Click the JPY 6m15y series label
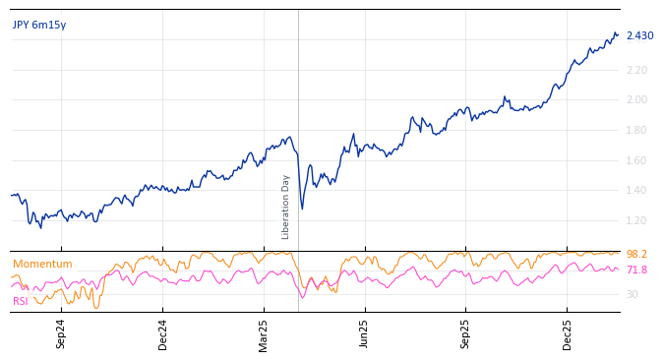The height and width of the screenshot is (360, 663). [x=39, y=26]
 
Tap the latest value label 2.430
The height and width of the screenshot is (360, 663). [x=639, y=36]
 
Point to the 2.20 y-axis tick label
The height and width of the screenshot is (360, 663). [x=636, y=70]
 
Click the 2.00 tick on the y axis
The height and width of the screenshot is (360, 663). [x=636, y=99]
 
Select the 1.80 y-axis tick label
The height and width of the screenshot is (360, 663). [x=636, y=130]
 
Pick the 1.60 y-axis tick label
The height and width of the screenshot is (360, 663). [x=636, y=160]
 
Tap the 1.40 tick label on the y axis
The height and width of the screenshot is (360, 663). [x=636, y=190]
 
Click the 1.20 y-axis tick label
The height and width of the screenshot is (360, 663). [x=636, y=220]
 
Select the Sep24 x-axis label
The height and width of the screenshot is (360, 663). [x=61, y=333]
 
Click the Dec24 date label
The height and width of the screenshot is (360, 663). [x=163, y=333]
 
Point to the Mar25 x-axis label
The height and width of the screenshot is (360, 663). [x=264, y=333]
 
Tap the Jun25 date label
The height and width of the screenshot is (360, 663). [x=365, y=333]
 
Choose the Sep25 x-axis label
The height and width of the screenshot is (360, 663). [x=466, y=333]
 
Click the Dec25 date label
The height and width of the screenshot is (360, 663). [x=568, y=333]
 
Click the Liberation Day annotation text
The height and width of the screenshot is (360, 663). [x=286, y=207]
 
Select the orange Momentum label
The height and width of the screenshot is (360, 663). [x=42, y=265]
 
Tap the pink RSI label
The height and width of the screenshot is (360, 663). [x=21, y=301]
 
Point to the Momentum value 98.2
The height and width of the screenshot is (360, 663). [x=636, y=255]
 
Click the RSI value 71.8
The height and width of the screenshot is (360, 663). [x=636, y=270]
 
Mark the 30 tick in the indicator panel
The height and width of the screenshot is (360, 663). [x=632, y=294]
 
